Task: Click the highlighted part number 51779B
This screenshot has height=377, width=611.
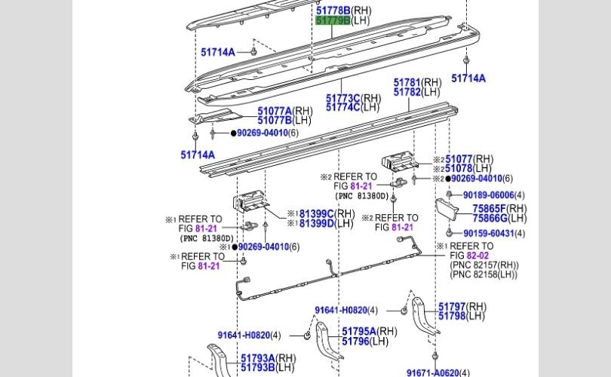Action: [333, 20]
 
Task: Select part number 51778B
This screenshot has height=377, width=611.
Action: [333, 11]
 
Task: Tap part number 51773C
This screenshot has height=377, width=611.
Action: [343, 98]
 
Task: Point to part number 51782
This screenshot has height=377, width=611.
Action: [407, 93]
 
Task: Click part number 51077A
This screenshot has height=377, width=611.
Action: [275, 111]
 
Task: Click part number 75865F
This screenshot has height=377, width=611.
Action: [490, 209]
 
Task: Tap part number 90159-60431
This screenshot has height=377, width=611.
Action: [488, 234]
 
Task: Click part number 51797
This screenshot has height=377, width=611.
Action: [452, 306]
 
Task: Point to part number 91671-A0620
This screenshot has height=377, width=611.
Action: [432, 372]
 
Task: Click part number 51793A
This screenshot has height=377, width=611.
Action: [257, 358]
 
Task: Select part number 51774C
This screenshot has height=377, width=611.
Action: [343, 108]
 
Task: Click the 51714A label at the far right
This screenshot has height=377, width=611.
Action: [468, 78]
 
